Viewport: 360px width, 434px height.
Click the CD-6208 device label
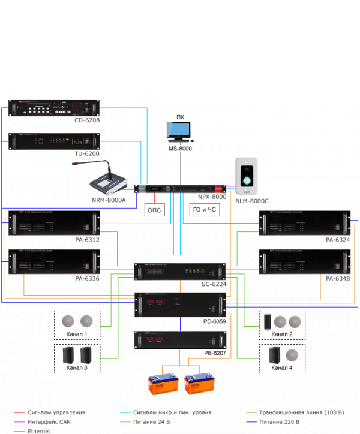[87, 120]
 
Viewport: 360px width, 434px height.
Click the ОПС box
[154, 210]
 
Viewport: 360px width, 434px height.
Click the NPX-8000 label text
[212, 197]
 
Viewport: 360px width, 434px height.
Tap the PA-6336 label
[87, 279]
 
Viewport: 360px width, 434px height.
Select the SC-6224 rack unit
[180, 272]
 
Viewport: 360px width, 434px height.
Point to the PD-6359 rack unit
[180, 304]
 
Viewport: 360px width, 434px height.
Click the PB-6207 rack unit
[180, 341]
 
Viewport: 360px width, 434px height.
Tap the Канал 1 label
[76, 334]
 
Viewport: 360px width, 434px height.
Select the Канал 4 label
[282, 367]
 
